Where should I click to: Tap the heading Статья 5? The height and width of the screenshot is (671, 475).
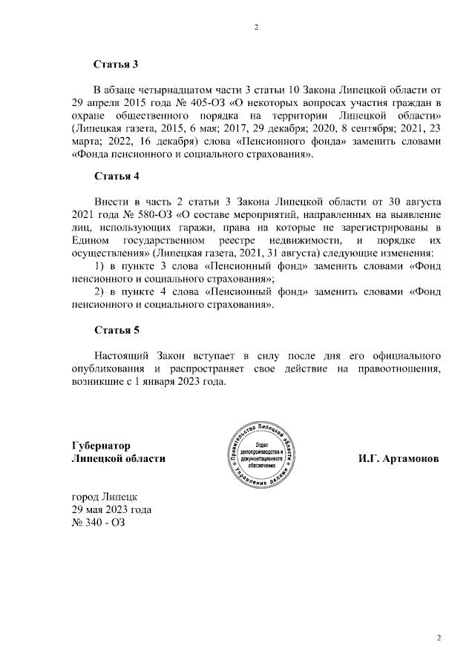pyautogui.click(x=116, y=330)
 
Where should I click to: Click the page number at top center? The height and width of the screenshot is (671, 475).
pyautogui.click(x=256, y=28)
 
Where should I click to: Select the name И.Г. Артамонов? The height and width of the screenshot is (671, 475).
pyautogui.click(x=398, y=459)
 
